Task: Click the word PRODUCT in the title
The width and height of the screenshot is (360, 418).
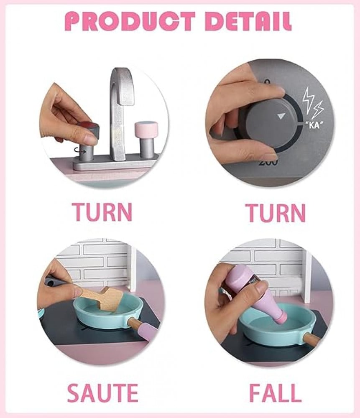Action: pos(130,21)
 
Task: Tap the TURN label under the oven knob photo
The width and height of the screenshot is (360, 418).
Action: pos(276,213)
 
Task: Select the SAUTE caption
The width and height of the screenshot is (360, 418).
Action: pos(103,393)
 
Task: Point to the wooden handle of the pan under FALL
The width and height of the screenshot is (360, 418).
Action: pos(311,339)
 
